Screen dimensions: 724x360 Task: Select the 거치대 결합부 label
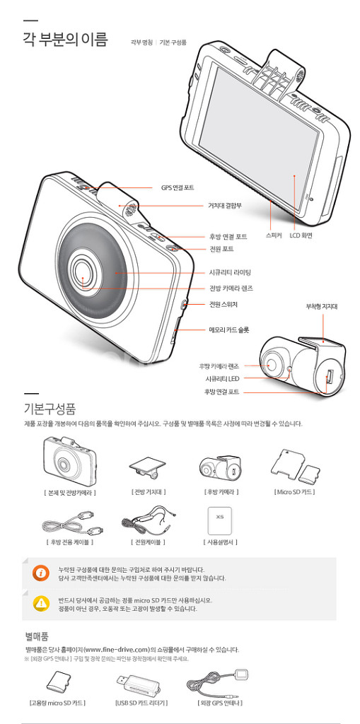[x=224, y=205]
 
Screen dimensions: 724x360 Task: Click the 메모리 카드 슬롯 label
[x=228, y=329]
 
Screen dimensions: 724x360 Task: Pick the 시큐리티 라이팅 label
[x=230, y=272]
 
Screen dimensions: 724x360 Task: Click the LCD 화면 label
[x=301, y=235]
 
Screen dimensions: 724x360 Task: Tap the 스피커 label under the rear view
[x=274, y=235]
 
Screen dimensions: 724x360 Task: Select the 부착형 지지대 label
[x=321, y=306]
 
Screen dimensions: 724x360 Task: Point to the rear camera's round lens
[x=272, y=363]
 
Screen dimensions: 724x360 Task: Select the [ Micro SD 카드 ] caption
[x=294, y=491]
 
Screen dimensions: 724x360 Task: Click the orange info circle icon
[x=41, y=573]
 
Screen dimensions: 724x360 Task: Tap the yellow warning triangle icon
[x=41, y=603]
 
